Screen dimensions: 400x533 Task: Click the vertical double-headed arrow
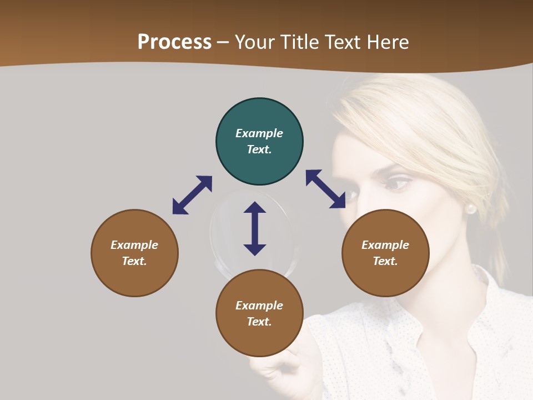coord(255,228)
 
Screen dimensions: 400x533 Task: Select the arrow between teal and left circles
coord(192,195)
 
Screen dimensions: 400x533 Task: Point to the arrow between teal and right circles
coord(325,189)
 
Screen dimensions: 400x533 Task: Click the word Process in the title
coord(174,42)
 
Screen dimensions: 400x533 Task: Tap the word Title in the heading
coord(300,42)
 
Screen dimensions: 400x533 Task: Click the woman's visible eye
coord(396,183)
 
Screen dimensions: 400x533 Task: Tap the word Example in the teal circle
coord(259,133)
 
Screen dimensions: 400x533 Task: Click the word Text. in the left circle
coord(134,261)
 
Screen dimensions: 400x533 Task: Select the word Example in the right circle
coord(385,245)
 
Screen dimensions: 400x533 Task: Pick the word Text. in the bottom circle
coord(259,322)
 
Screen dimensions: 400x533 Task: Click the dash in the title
coord(223,42)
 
